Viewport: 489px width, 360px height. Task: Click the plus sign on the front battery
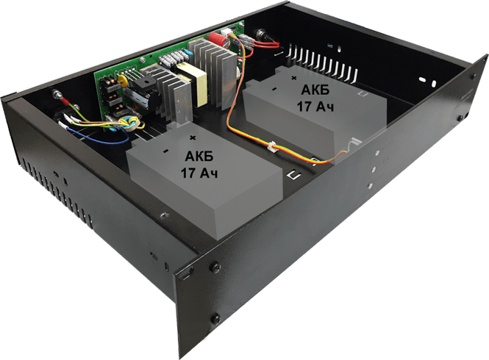[x=193, y=137]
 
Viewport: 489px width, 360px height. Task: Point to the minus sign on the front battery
[x=166, y=151]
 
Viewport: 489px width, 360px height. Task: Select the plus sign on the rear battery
[x=294, y=77]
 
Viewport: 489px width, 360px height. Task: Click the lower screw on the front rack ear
[x=215, y=317]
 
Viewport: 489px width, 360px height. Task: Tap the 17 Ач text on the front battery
[x=195, y=174]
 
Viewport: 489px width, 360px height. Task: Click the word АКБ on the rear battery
[x=317, y=89]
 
